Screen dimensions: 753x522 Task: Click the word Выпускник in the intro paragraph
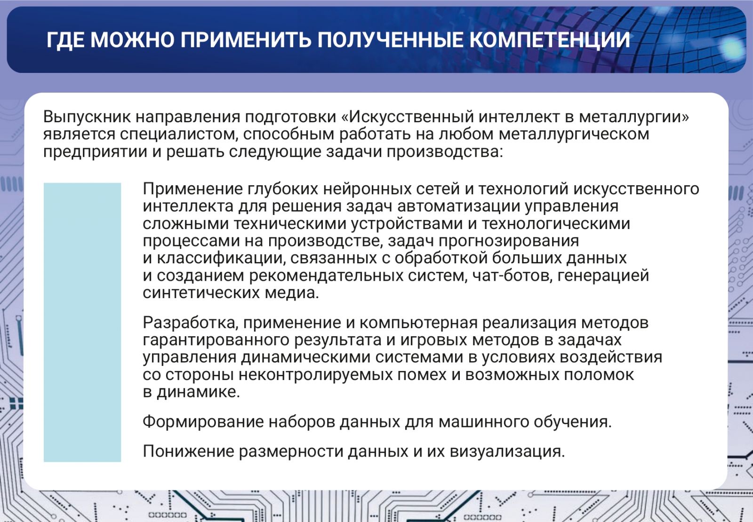87,117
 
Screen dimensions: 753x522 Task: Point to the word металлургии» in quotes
633,117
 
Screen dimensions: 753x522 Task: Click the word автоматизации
458,206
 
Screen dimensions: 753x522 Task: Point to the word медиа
291,293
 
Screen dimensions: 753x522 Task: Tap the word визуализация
507,451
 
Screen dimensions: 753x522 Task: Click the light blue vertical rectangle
82,322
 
